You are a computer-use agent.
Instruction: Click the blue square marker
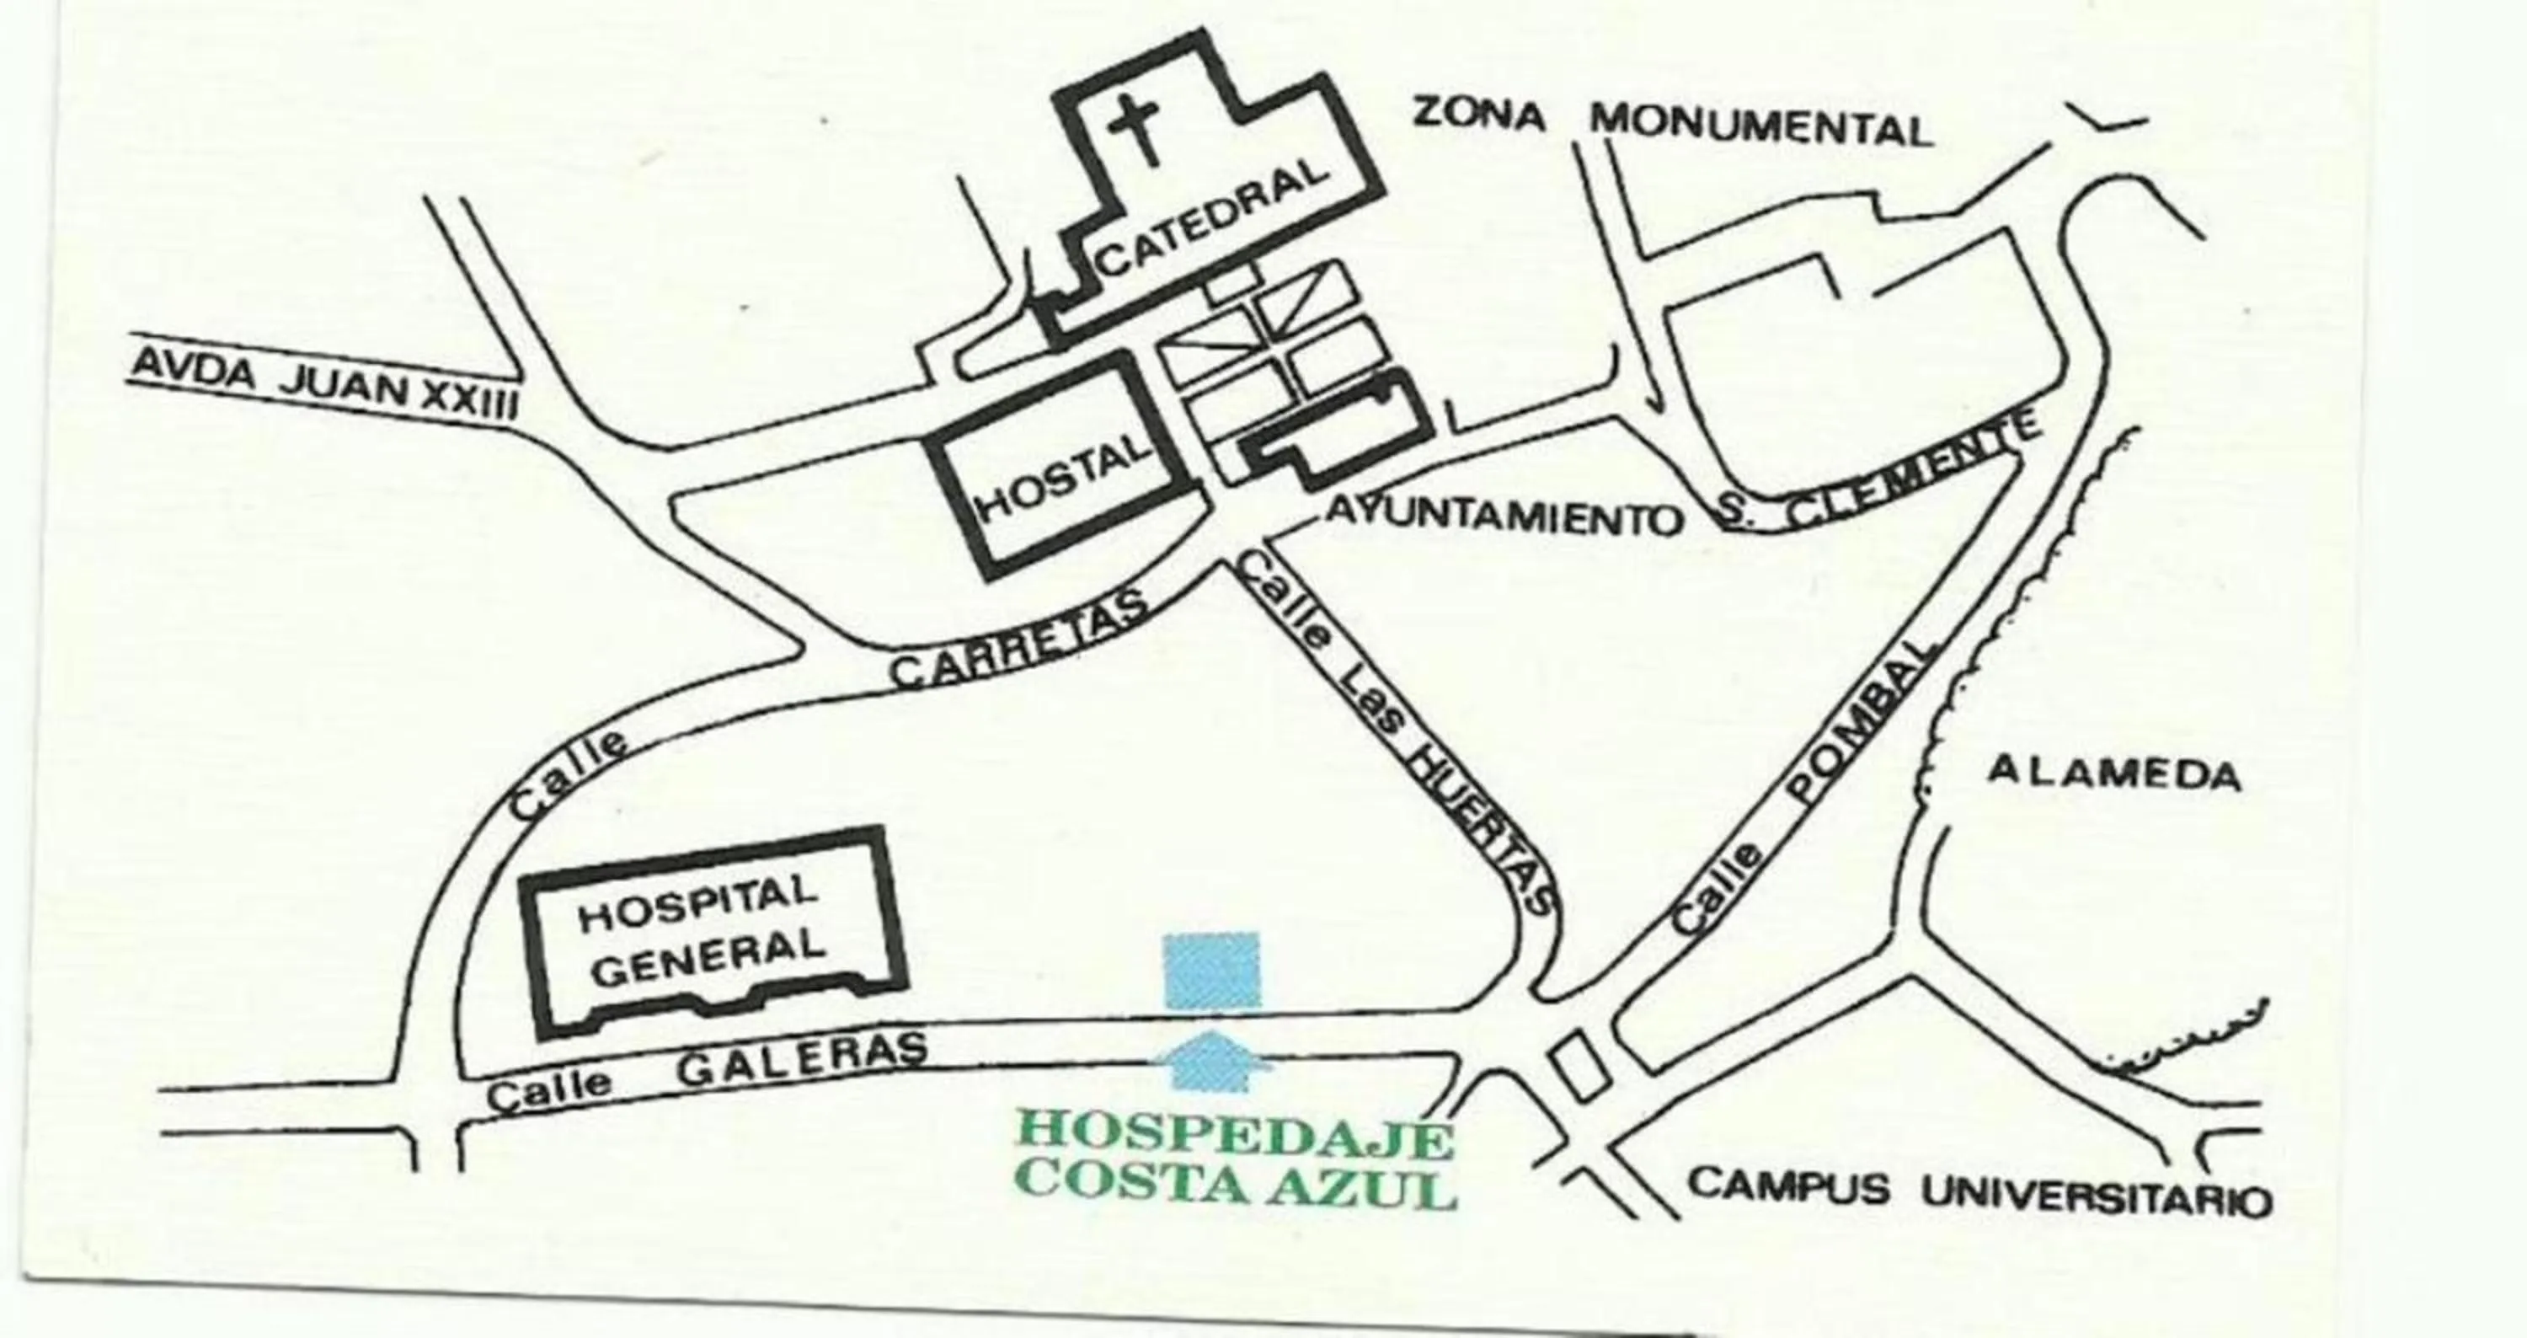tap(1211, 969)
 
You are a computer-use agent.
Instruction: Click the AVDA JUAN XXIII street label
tap(323, 388)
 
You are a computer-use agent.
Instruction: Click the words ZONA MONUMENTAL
tap(1673, 124)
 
